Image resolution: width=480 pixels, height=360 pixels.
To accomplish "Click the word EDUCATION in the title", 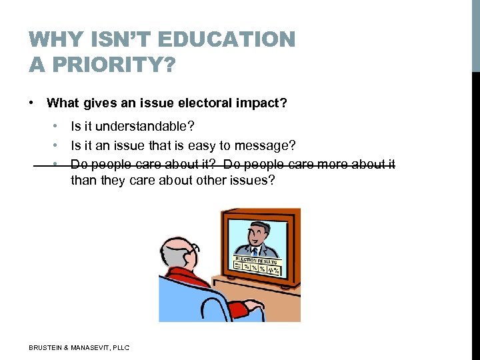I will click(237, 40).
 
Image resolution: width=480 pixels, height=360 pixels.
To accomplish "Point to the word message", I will click(267, 145).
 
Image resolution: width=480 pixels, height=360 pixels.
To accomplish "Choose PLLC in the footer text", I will click(121, 347).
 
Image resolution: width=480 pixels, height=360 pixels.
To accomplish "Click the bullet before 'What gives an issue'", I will click(31, 103).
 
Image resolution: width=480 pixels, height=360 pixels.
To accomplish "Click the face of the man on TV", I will click(258, 233).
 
